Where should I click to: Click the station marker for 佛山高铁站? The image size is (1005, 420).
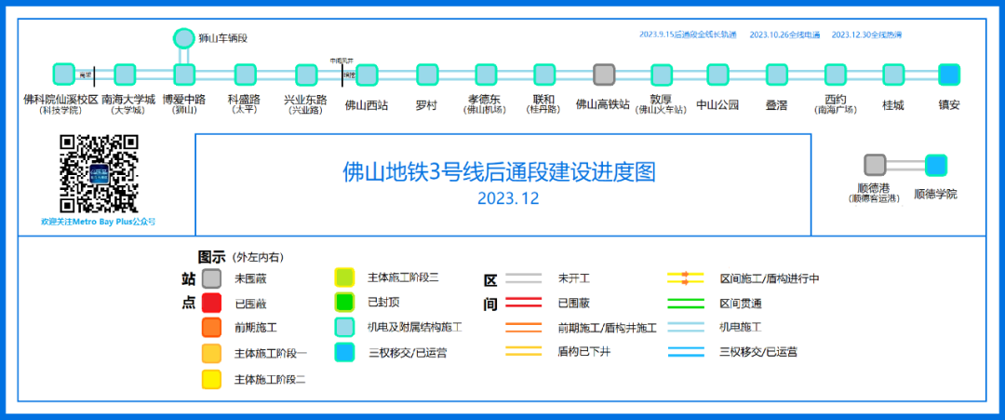604,75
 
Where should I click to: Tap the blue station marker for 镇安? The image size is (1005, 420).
948,75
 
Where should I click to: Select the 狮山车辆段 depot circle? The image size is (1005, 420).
184,38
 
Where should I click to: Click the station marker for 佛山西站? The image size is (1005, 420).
367,75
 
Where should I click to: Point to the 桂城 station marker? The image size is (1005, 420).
893,75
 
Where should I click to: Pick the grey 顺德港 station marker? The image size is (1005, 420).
875,165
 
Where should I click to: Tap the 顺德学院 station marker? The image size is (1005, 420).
935,165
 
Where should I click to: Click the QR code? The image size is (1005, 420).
99,174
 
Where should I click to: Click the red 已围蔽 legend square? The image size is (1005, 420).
211,302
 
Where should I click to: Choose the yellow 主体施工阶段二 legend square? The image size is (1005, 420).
211,379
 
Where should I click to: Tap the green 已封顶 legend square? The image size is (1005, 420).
344,302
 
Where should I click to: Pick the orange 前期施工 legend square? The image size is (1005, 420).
211,328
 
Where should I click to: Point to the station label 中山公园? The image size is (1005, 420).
717,105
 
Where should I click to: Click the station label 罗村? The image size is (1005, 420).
426,105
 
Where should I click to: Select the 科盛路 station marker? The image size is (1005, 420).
245,75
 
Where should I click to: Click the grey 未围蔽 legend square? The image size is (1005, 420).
211,278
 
